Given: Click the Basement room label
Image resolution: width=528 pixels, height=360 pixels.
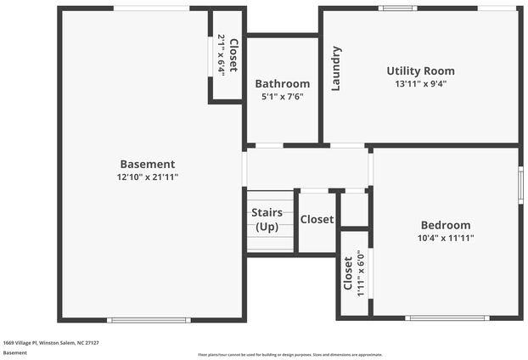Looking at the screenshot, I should pyautogui.click(x=147, y=164).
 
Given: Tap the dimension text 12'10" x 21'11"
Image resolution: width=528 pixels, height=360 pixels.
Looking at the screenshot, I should pyautogui.click(x=147, y=177).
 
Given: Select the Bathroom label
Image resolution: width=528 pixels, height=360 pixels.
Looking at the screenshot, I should pyautogui.click(x=282, y=83).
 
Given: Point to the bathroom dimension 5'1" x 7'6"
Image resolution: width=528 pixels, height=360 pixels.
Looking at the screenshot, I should pyautogui.click(x=282, y=97).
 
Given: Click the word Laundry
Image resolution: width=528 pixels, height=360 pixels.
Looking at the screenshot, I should pyautogui.click(x=336, y=69).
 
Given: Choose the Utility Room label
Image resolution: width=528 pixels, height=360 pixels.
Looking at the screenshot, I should pyautogui.click(x=420, y=70).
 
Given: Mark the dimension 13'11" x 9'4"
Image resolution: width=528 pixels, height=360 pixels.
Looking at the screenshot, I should pyautogui.click(x=420, y=84).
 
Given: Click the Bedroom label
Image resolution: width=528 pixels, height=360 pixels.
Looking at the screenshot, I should pyautogui.click(x=445, y=225).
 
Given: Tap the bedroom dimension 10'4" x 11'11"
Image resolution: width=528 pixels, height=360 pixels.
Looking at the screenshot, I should pyautogui.click(x=445, y=239).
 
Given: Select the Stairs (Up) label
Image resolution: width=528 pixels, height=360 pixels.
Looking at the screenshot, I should pyautogui.click(x=267, y=220).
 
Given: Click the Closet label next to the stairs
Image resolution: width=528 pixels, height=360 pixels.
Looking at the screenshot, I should pyautogui.click(x=317, y=219).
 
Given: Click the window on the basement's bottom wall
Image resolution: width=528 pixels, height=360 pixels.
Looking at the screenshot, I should pyautogui.click(x=149, y=320).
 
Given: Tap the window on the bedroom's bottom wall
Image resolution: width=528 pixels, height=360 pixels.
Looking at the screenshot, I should pyautogui.click(x=447, y=318).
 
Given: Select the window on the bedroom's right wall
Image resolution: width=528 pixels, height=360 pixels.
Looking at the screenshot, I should pyautogui.click(x=520, y=184).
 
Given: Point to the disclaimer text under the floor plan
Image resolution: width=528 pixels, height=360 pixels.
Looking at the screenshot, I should pyautogui.click(x=289, y=355).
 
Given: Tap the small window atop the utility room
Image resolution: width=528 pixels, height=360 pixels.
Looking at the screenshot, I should pyautogui.click(x=397, y=8).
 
